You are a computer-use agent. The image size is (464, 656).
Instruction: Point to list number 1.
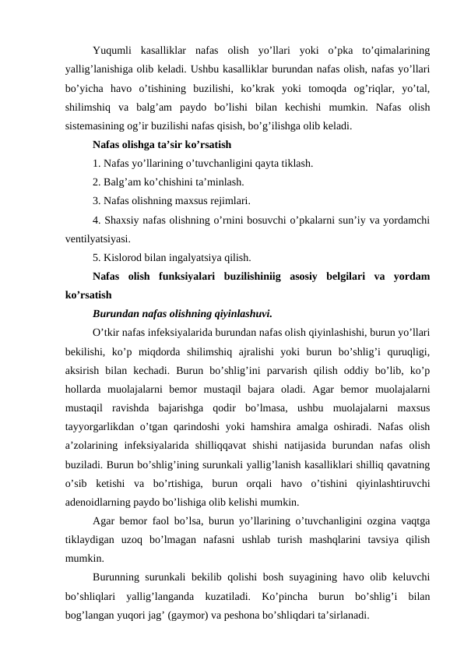point(95,164)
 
